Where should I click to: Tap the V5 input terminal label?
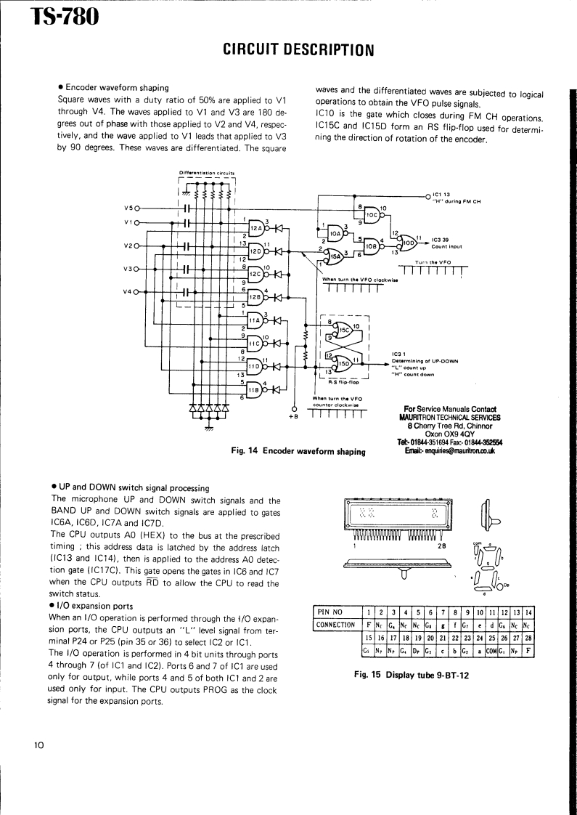pos(128,208)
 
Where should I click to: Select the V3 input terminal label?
pos(128,269)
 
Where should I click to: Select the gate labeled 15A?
pos(335,254)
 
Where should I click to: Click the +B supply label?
pos(293,417)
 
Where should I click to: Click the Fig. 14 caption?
pos(298,451)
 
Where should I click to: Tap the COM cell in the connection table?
pos(491,650)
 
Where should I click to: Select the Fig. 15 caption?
pos(412,675)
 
